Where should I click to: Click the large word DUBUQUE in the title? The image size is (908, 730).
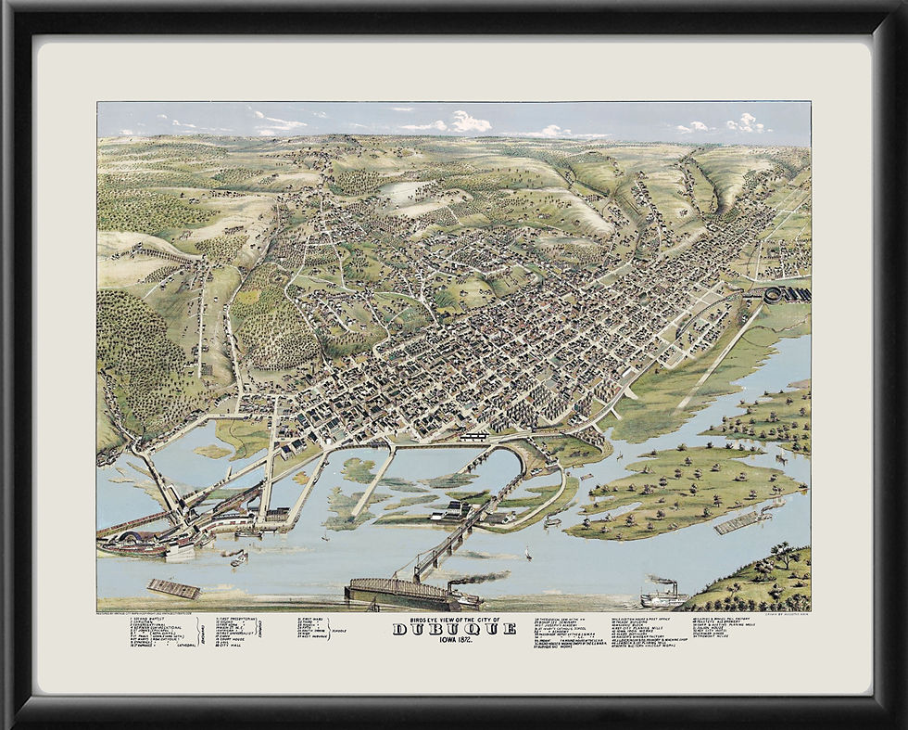(x=454, y=629)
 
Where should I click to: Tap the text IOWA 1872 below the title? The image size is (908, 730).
(x=454, y=640)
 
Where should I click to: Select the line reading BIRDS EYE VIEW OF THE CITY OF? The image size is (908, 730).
(x=454, y=619)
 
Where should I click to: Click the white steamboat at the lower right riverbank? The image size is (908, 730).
(x=662, y=595)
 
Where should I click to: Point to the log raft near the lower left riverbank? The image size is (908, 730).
(x=174, y=588)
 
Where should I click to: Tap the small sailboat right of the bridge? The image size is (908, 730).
(x=527, y=554)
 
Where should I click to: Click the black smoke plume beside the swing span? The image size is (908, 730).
(x=482, y=578)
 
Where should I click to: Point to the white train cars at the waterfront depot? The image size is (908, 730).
(x=474, y=435)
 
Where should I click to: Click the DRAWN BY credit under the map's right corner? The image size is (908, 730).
(x=786, y=613)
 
